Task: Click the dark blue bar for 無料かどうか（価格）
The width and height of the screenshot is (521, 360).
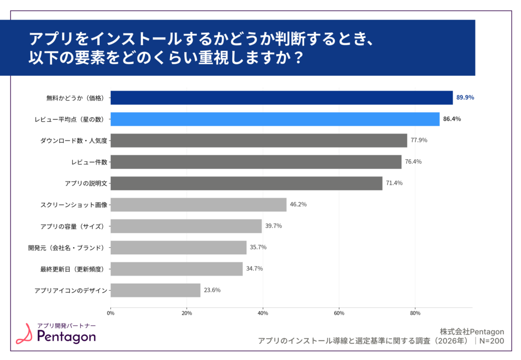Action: point(281,98)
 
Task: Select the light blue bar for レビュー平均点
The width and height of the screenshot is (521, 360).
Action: point(275,119)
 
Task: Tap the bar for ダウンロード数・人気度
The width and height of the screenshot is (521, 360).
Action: point(258,140)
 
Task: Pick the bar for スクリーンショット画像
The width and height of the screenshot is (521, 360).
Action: point(198,204)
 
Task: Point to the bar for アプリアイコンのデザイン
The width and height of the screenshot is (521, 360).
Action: point(155,290)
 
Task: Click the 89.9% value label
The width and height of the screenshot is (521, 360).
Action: point(465,98)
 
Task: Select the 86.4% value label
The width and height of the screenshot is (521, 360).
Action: point(452,119)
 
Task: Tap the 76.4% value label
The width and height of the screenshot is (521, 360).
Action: point(413,162)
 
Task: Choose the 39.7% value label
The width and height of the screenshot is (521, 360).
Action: point(274,226)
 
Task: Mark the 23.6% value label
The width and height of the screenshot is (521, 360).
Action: point(212,290)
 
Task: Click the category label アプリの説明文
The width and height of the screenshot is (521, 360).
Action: point(85,183)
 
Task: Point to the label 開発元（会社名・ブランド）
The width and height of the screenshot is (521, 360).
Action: point(66,247)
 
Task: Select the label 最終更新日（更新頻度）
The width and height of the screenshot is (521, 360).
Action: point(72,269)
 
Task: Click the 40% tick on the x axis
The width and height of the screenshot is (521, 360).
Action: point(263,313)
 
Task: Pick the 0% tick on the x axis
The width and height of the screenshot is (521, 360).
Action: point(111,313)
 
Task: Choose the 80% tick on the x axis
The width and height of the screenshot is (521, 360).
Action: point(415,313)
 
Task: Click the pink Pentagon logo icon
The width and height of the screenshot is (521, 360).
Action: point(24,334)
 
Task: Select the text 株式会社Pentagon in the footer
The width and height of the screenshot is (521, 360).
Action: point(472,332)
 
